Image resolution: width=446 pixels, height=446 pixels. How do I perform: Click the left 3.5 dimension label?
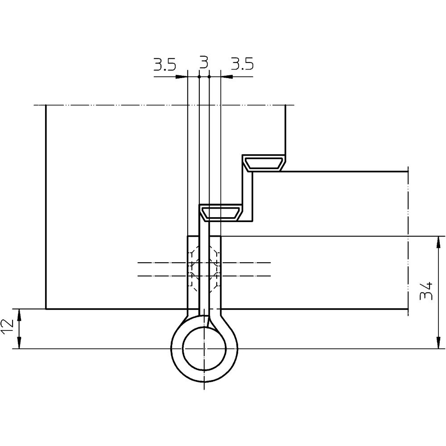165,64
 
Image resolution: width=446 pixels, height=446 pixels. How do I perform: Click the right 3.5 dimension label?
242,64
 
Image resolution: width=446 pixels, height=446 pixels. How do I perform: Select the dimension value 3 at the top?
204,62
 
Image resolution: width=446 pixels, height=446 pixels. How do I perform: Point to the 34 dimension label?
426,291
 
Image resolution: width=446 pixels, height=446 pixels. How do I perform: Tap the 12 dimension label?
7,327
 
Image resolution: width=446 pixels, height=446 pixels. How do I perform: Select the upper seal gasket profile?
264,163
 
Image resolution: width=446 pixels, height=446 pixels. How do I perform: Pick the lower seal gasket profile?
221,213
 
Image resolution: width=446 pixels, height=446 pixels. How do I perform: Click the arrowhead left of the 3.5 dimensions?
182,77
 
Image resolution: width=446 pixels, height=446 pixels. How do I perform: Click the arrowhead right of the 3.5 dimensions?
227,77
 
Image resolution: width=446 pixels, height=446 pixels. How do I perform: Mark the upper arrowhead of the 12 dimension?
19,314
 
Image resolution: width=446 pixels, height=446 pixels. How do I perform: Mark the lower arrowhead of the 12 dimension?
19,343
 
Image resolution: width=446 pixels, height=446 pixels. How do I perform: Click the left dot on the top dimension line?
199,77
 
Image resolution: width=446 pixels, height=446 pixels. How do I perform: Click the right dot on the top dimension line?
209,77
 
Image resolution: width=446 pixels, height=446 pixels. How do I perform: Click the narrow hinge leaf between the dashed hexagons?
204,269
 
